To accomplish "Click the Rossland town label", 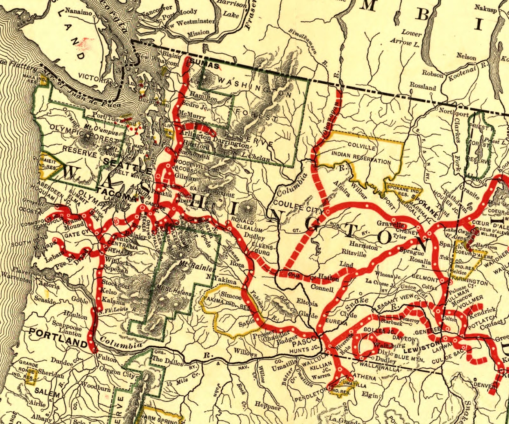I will coord(422,86).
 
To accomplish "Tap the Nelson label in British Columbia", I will coord(466,57).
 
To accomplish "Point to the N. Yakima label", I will coord(221,279).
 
